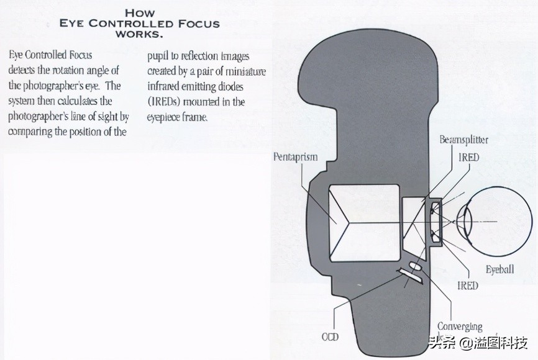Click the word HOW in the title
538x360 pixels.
140,12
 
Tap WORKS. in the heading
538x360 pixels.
140,34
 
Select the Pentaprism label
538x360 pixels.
296,156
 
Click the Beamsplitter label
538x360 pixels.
463,140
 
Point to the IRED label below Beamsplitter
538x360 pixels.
469,157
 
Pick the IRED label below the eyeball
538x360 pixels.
468,286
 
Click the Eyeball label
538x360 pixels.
499,269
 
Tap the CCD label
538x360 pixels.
329,337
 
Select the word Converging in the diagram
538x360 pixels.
460,326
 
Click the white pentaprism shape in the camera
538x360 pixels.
363,222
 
